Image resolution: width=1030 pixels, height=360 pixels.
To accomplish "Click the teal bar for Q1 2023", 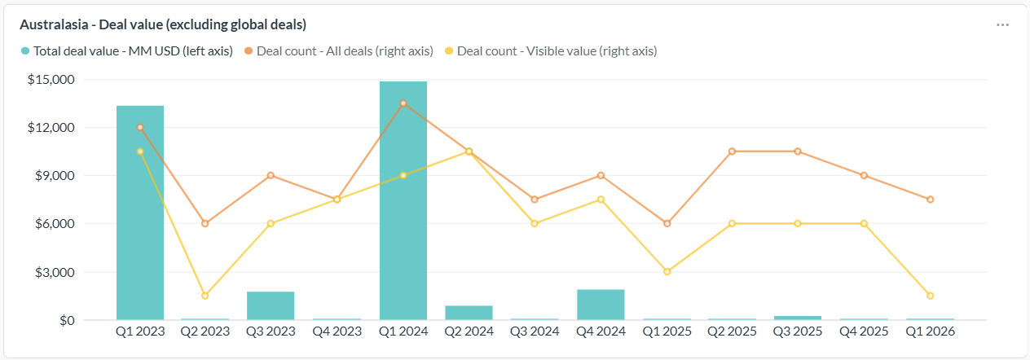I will tap(140, 213).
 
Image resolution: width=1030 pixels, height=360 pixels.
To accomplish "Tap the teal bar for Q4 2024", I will tap(601, 305).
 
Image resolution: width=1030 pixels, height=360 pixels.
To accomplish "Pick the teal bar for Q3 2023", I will tap(271, 305).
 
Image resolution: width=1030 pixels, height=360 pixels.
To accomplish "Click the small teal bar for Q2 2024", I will tap(469, 313).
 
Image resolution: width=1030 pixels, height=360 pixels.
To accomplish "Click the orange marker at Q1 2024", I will tap(403, 103).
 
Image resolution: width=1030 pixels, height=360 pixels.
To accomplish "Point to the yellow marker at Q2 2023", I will tap(205, 296).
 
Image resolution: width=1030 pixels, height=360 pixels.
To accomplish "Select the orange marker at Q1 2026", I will tap(930, 200).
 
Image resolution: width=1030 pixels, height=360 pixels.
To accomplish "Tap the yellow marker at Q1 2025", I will tap(667, 272).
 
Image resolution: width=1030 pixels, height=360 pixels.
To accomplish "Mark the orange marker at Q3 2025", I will tap(798, 151).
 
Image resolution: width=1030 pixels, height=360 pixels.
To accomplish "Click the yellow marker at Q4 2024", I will tap(601, 200).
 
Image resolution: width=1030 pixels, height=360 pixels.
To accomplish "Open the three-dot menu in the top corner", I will tap(1003, 24).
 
